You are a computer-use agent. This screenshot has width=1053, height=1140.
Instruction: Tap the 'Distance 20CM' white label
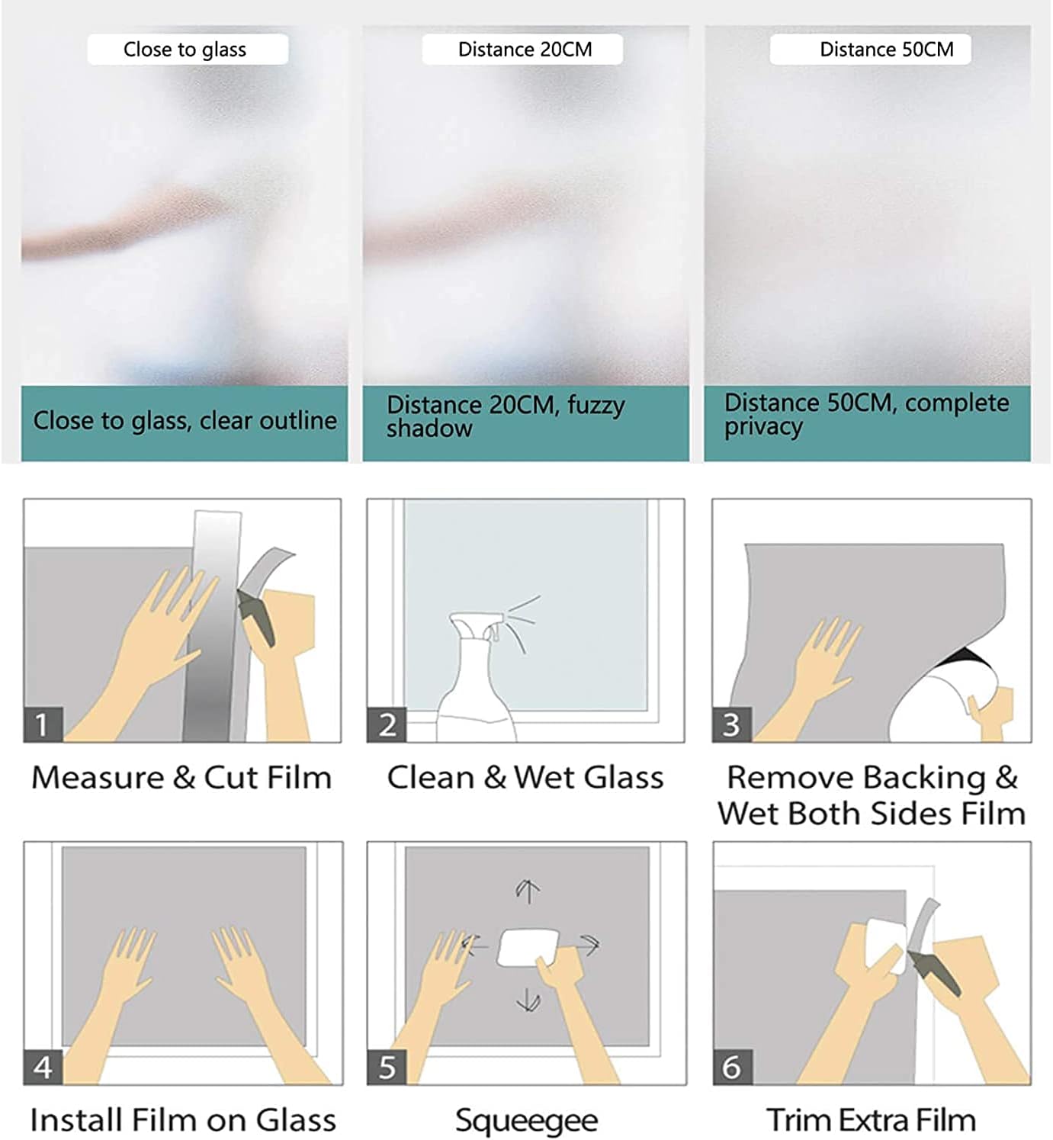pos(522,50)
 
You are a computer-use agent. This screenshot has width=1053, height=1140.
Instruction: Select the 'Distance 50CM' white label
pos(871,50)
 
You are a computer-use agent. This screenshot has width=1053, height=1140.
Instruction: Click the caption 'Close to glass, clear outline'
pos(185,421)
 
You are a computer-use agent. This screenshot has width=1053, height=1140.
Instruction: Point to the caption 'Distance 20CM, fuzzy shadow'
pos(506,417)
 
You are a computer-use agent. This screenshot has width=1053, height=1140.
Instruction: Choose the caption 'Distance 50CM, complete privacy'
pos(866,414)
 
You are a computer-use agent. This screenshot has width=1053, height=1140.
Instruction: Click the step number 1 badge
pos(43,724)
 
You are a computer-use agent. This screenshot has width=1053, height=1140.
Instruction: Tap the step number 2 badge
pos(387,724)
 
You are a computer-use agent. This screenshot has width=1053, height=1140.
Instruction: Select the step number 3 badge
pos(731,724)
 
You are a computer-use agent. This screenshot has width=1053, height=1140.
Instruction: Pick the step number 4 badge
pos(43,1067)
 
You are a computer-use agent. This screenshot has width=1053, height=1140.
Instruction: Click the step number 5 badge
pos(387,1067)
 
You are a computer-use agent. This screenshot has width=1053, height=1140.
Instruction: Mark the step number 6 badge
pos(733,1067)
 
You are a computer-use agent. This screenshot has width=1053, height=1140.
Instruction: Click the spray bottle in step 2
pos(477,680)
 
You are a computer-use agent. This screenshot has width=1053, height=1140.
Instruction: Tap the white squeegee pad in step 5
pos(527,948)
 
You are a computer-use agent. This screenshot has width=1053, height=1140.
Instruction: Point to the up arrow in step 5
pos(528,892)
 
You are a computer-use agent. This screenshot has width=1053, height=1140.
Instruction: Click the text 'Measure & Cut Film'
pos(181,778)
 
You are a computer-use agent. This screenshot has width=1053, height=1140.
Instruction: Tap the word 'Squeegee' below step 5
pos(526,1120)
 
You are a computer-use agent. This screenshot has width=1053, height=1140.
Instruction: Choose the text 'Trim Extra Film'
pos(871,1120)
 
